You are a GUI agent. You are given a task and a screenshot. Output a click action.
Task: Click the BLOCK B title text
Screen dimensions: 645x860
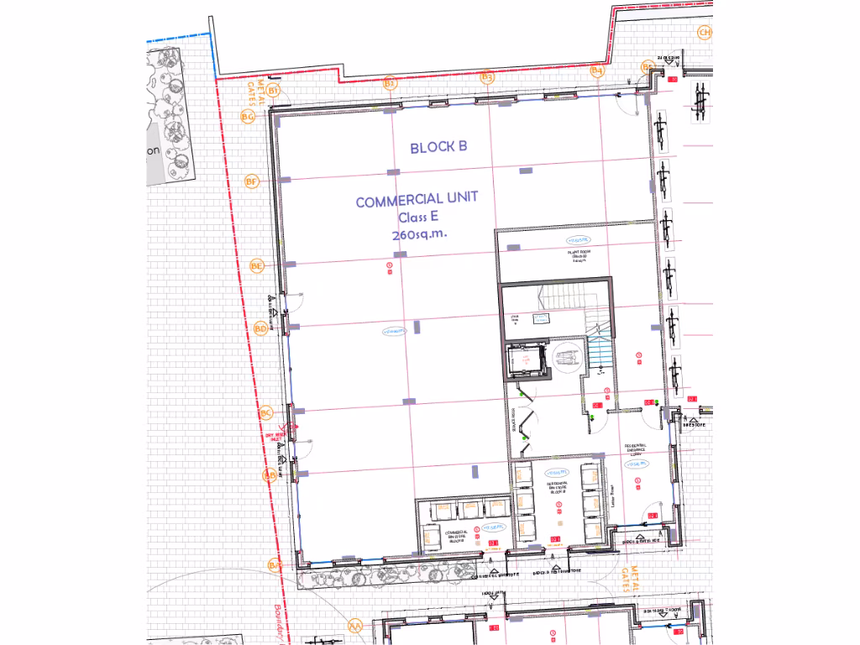click(438, 147)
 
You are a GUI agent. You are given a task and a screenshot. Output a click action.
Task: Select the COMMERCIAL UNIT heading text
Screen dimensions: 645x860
click(417, 200)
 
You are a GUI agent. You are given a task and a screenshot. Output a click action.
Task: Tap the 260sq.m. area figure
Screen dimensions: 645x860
click(417, 235)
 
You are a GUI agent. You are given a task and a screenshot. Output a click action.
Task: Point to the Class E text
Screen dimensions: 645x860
click(418, 218)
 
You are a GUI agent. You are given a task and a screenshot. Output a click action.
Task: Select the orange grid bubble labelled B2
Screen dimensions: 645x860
click(389, 82)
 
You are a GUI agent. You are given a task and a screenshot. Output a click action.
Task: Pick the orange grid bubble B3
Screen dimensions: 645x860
click(487, 77)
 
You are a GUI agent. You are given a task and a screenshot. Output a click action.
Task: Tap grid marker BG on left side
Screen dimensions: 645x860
click(248, 117)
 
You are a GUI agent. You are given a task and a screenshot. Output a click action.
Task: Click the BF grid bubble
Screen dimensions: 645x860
click(251, 181)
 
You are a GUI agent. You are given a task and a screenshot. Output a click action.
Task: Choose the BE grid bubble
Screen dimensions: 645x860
click(257, 266)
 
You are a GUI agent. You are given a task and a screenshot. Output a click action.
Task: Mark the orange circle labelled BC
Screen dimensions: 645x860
click(266, 412)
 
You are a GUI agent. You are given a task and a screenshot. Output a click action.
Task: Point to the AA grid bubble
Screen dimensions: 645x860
click(355, 626)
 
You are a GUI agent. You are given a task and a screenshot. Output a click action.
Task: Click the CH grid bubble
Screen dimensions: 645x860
click(705, 33)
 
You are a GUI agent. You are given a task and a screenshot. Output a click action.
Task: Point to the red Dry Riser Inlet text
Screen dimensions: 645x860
click(275, 438)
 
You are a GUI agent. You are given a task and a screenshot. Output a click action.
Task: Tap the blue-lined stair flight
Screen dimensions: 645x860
click(600, 349)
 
